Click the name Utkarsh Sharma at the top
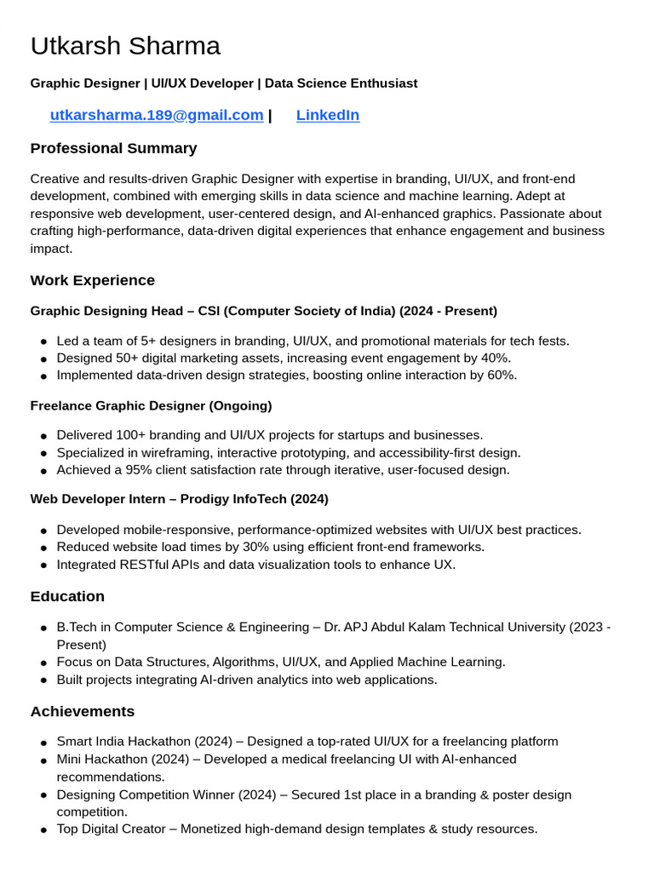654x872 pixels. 125,46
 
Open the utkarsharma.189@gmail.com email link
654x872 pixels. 157,115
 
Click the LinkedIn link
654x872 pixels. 328,115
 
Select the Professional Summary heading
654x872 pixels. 113,148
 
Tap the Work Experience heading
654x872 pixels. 92,280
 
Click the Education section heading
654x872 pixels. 67,596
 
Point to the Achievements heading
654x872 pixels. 82,711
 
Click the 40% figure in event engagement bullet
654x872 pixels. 496,358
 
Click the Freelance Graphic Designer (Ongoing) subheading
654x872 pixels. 151,405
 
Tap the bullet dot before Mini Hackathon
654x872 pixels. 43,760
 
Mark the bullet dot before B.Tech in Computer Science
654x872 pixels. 43,628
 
